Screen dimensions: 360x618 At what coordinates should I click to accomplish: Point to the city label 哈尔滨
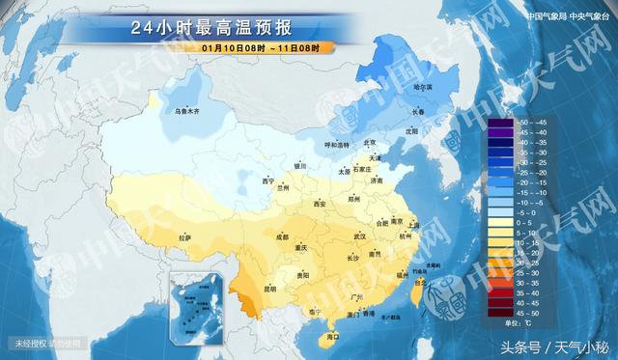pos(423,88)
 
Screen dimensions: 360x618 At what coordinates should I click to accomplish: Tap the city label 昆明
pos(269,288)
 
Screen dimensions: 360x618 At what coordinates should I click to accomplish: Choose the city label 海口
pos(333,338)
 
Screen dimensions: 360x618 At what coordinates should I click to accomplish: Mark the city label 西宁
pos(268,180)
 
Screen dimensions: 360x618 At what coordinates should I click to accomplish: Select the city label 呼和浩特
pos(334,145)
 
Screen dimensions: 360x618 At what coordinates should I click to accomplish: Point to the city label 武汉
pos(360,235)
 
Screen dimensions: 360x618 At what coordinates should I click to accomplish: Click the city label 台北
pos(418,282)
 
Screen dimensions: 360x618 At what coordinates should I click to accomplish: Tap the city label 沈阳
pos(412,129)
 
